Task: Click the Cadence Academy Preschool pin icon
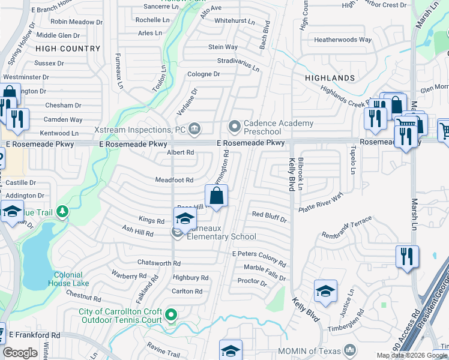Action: [x=234, y=127]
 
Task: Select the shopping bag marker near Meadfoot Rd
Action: [x=216, y=195]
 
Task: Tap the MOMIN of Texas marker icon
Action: [x=348, y=350]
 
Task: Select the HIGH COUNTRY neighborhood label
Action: [x=68, y=49]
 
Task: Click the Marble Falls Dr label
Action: [x=265, y=273]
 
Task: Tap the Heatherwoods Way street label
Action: [x=343, y=40]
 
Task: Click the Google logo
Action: [x=20, y=352]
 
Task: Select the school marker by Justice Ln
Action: [x=325, y=292]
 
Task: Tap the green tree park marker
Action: [x=61, y=212]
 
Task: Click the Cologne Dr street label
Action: [x=203, y=74]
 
